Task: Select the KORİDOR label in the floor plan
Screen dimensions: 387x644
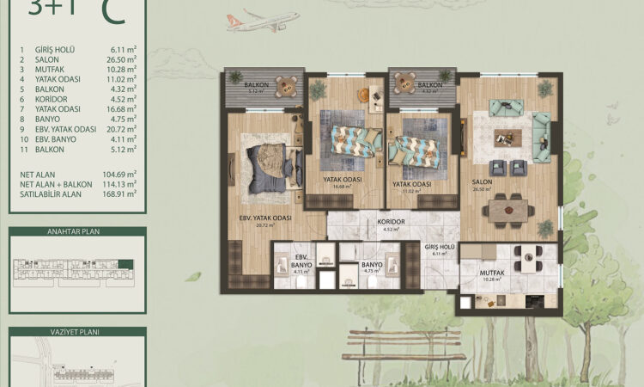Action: tap(391, 221)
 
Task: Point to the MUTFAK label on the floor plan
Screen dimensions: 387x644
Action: tap(492, 273)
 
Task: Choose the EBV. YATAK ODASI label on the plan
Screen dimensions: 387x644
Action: tap(265, 218)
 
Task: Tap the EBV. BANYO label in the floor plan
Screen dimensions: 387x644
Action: tap(301, 259)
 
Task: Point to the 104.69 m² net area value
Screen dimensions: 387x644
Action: tap(119, 173)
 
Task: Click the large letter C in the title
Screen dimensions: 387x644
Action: tap(110, 10)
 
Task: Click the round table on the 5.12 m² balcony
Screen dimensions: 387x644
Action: tap(289, 85)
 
